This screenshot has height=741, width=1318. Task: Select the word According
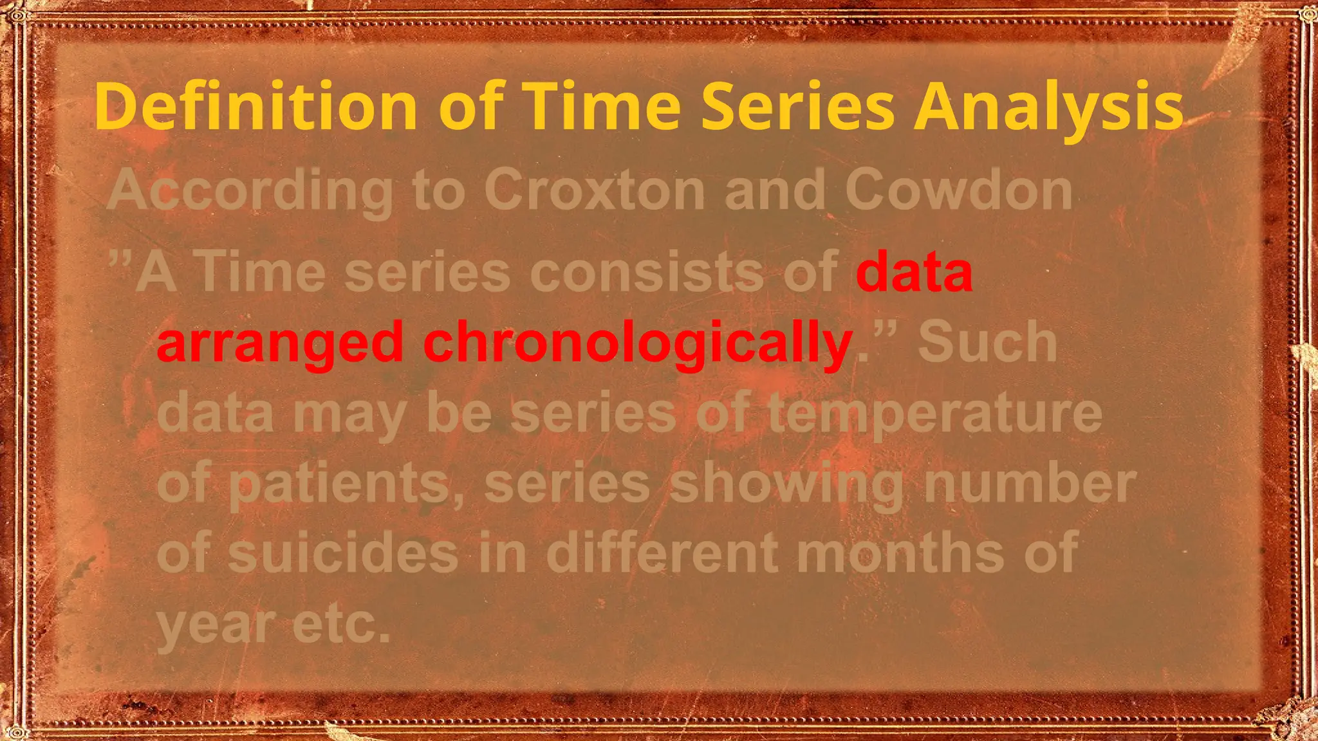[251, 190]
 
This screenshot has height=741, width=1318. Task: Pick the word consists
[649, 271]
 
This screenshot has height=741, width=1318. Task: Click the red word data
[914, 271]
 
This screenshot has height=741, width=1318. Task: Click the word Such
[987, 342]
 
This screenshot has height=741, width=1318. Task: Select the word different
[663, 553]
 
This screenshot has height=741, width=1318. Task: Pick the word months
[900, 553]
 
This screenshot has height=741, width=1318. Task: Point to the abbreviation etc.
[341, 624]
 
